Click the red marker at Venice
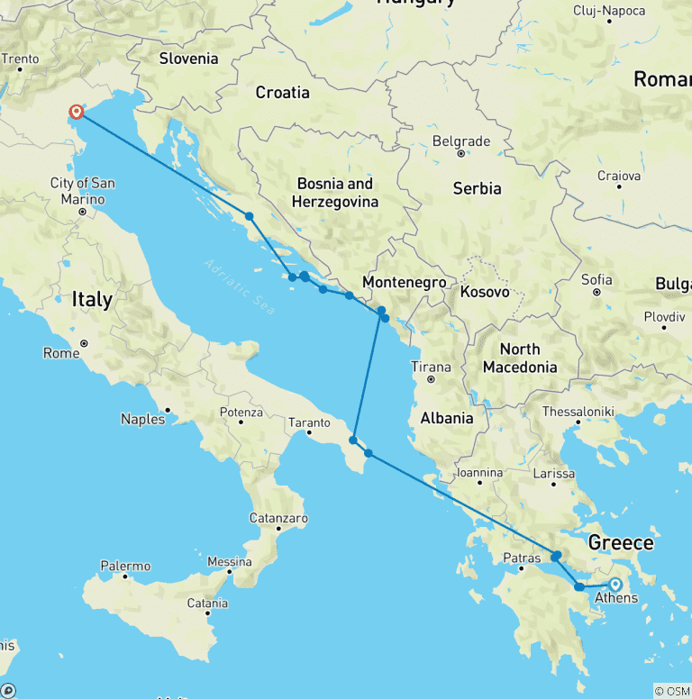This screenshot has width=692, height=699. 77,112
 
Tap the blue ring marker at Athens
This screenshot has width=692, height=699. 616,585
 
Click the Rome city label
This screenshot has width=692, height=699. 61,353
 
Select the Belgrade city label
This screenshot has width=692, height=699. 461,141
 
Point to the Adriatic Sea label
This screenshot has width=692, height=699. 238,286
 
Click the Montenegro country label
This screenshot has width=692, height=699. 404,282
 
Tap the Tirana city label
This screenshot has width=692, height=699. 431,367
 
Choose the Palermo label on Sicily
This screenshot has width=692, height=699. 126,567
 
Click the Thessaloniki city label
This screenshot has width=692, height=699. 578,411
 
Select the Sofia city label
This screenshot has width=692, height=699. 596,279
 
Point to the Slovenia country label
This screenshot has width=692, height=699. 188,59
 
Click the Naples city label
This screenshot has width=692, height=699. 143,418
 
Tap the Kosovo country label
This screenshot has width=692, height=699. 485,292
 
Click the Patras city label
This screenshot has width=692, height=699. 522,558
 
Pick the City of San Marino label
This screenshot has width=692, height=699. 82,191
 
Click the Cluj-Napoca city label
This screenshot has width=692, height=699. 609,11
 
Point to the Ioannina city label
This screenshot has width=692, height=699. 479,472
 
